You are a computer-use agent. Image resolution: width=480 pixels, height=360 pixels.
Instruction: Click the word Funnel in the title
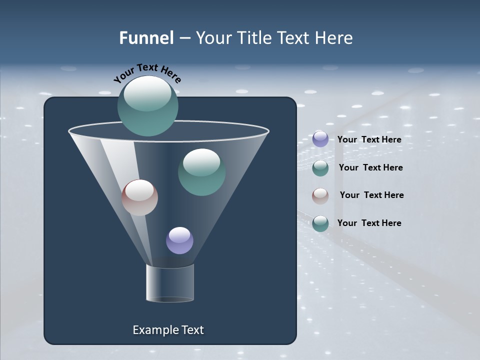(x=146, y=38)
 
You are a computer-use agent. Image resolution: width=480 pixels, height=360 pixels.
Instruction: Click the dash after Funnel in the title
(x=184, y=38)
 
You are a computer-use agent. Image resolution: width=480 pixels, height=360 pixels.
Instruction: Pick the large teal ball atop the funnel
(x=147, y=106)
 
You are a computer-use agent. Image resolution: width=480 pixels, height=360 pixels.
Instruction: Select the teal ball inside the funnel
(x=201, y=172)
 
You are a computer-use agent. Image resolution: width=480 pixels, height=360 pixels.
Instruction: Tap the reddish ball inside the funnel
(x=139, y=197)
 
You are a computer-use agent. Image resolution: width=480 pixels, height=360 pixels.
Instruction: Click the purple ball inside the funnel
(x=179, y=240)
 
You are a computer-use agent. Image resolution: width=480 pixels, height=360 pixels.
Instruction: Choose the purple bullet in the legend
(x=320, y=139)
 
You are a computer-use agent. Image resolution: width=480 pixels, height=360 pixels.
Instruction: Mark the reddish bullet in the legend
(x=320, y=196)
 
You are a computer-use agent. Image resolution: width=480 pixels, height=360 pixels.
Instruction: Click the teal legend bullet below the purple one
(x=320, y=168)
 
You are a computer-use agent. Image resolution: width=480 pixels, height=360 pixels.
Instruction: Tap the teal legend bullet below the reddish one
(x=320, y=223)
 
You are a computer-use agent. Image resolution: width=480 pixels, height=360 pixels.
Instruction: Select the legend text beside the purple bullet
(x=369, y=139)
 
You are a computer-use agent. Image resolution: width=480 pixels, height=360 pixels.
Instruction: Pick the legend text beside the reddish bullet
(x=371, y=195)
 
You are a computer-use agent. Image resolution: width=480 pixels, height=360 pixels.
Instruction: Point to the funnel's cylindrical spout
(x=170, y=283)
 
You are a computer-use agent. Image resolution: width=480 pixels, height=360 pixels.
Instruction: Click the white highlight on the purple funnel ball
(x=179, y=234)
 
